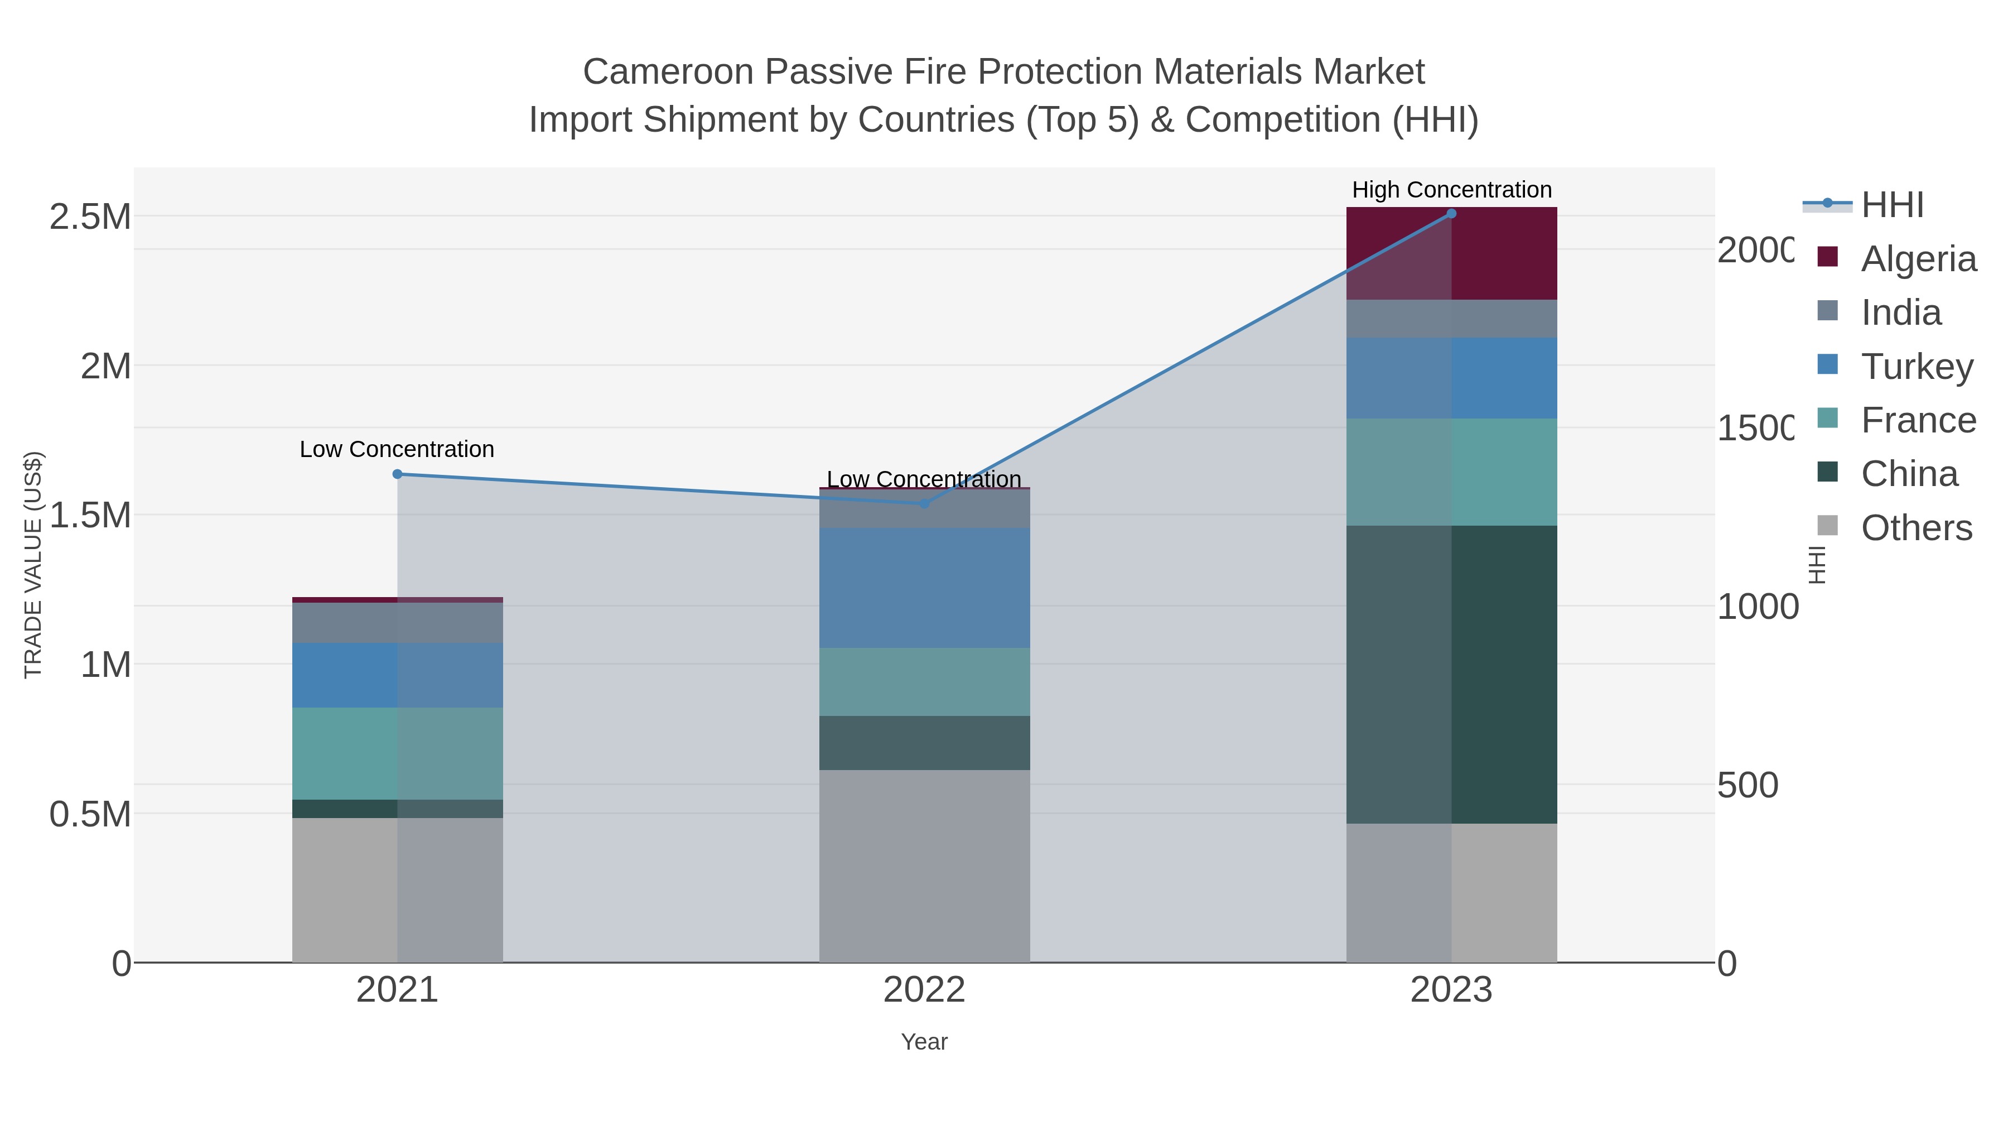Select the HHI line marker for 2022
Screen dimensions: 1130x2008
924,504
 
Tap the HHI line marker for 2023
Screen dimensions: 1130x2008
1451,214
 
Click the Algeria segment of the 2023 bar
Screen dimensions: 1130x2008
1451,253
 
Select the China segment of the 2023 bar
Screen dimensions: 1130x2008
1451,675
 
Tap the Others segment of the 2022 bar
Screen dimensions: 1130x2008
924,865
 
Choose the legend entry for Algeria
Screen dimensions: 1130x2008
1918,259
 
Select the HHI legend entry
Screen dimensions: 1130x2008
1892,205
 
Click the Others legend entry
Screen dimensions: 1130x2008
1916,528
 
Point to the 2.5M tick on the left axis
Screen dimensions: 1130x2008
90,217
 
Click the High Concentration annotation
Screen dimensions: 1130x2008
1451,190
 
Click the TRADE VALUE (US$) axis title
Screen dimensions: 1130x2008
33,565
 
